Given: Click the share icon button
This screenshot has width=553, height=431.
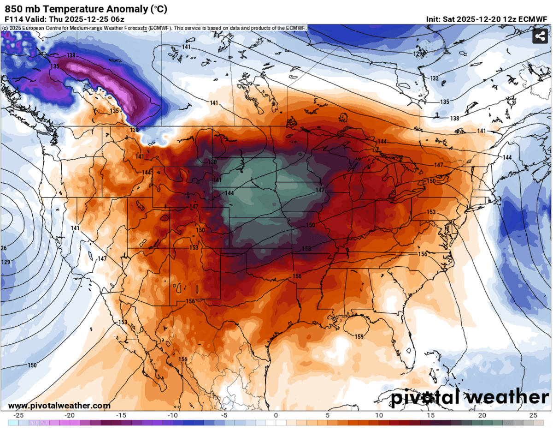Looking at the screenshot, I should [540, 36].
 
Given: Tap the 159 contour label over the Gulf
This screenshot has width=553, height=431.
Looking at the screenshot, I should [359, 336].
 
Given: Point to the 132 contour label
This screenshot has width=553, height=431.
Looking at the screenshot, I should [434, 78].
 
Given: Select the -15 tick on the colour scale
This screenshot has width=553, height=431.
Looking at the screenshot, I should [121, 415].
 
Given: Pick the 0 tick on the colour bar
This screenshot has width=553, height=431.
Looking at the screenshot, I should [276, 415].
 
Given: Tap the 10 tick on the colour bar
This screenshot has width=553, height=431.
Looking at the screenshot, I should [378, 415].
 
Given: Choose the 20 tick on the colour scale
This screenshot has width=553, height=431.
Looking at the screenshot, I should [482, 415].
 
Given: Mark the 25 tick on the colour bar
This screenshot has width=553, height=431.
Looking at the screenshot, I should [533, 415].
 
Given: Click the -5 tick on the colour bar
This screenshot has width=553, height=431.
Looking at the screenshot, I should [224, 415].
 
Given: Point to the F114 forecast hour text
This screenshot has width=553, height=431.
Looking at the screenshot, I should [13, 19].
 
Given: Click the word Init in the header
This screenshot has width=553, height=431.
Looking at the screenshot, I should [434, 19].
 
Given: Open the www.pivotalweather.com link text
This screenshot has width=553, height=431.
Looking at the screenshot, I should [59, 406].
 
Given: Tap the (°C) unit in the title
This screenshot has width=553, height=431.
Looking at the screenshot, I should [158, 9].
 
